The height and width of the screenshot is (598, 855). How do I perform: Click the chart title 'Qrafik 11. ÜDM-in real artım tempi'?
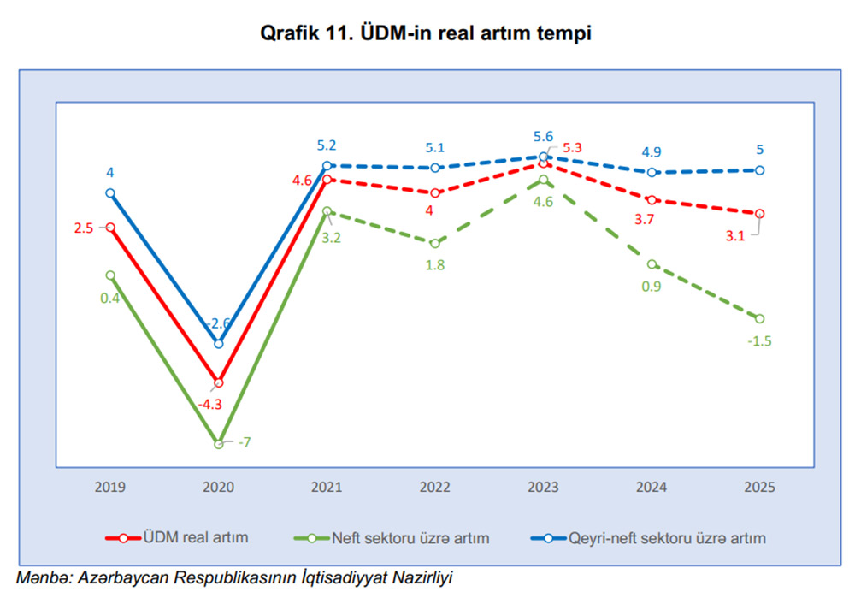pos(427,33)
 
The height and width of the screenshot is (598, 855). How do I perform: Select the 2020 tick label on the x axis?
pos(219,487)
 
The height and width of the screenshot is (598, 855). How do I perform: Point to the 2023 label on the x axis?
pos(543,487)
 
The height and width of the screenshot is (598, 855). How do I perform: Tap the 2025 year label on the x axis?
pos(759,487)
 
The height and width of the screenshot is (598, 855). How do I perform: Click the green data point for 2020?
pos(219,443)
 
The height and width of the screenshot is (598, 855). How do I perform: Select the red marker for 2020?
pos(219,382)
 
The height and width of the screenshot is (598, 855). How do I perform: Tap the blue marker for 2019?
pos(110,193)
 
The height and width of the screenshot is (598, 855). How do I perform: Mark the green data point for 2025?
pos(759,318)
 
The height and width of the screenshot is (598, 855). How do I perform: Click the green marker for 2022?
pos(435,243)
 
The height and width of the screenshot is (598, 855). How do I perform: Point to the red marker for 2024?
pos(652,199)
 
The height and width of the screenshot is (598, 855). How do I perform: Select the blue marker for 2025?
pos(759,170)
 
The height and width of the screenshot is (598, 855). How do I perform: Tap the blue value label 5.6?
pos(543,136)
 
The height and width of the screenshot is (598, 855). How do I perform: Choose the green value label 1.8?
pos(434,264)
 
